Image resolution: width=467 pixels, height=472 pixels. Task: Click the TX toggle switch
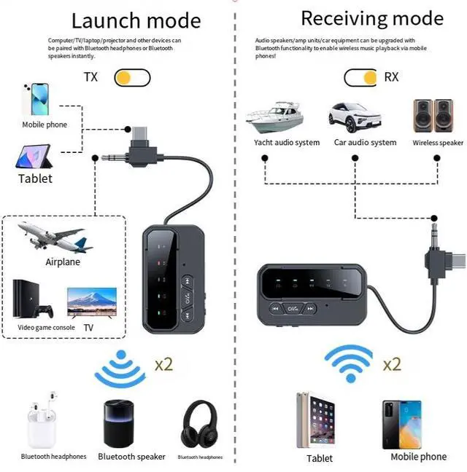[132, 76]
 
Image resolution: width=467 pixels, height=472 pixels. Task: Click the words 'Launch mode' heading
[136, 20]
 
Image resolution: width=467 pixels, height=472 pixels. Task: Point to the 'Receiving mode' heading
[371, 17]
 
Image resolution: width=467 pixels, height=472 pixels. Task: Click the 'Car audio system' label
[365, 143]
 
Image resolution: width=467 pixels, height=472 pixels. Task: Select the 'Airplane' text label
[63, 262]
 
